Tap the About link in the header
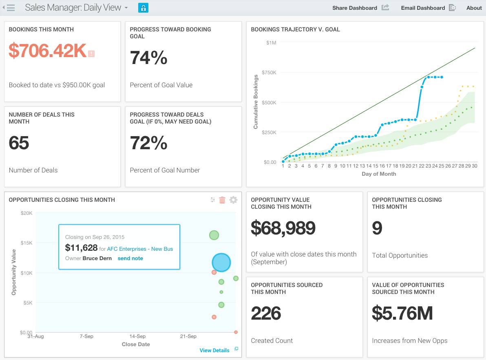pyautogui.click(x=474, y=8)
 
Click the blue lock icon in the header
pyautogui.click(x=143, y=8)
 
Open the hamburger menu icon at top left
pyautogui.click(x=11, y=8)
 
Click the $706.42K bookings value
pyautogui.click(x=47, y=51)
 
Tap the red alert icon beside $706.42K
pyautogui.click(x=91, y=53)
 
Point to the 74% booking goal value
pyautogui.click(x=148, y=58)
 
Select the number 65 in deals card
pyautogui.click(x=19, y=143)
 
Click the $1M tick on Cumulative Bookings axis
pyautogui.click(x=271, y=43)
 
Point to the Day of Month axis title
pyautogui.click(x=378, y=174)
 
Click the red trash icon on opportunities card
pyautogui.click(x=222, y=200)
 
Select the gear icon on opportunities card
pyautogui.click(x=233, y=200)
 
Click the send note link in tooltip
pyautogui.click(x=130, y=258)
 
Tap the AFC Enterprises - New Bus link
pyautogui.click(x=140, y=249)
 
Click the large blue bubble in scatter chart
pyautogui.click(x=221, y=263)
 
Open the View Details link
pyautogui.click(x=214, y=350)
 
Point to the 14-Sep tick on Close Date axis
pyautogui.click(x=137, y=336)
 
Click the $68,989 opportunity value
pyautogui.click(x=283, y=228)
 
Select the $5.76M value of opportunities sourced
pyautogui.click(x=402, y=313)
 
